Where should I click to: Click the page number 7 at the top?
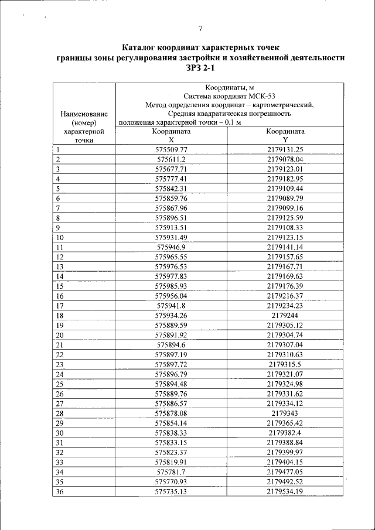point(200,29)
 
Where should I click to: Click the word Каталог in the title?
point(143,47)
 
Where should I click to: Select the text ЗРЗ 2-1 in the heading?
point(200,68)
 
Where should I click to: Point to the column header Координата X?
point(171,136)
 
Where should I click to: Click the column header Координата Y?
point(285,136)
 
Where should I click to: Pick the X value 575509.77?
point(171,149)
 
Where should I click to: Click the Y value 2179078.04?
point(285,159)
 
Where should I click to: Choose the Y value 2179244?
point(285,315)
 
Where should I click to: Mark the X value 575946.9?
point(171,247)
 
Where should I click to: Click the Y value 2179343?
point(285,413)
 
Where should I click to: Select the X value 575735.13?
point(171,491)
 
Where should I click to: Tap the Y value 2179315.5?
point(285,364)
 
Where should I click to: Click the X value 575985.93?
point(171,286)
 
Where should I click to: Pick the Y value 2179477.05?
point(285,471)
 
